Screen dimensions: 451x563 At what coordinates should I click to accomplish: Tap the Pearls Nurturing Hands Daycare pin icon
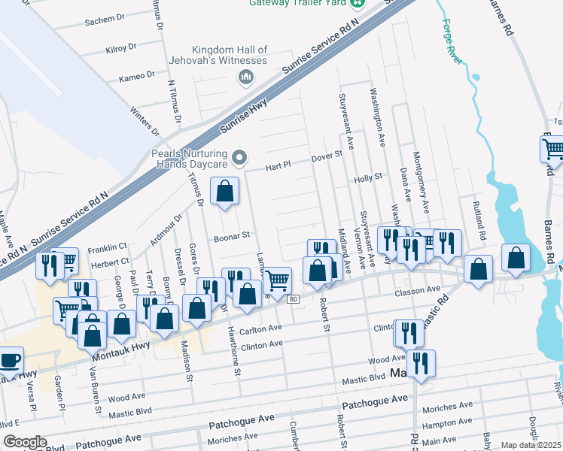pos(239,158)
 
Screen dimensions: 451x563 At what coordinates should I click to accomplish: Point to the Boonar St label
pos(233,235)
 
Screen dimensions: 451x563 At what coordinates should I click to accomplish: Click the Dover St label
pos(327,157)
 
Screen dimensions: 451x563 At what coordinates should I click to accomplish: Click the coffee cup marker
pos(9,360)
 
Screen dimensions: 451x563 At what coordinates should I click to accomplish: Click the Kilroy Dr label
pos(120,47)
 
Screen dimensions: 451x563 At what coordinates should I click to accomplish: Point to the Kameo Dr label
pos(136,76)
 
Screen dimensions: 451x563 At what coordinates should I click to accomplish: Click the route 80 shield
pos(294,299)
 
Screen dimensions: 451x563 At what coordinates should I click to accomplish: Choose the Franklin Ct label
pos(107,247)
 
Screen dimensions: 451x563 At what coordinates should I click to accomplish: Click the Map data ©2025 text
pos(531,445)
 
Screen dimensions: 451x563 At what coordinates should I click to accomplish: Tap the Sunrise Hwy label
pos(244,118)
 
